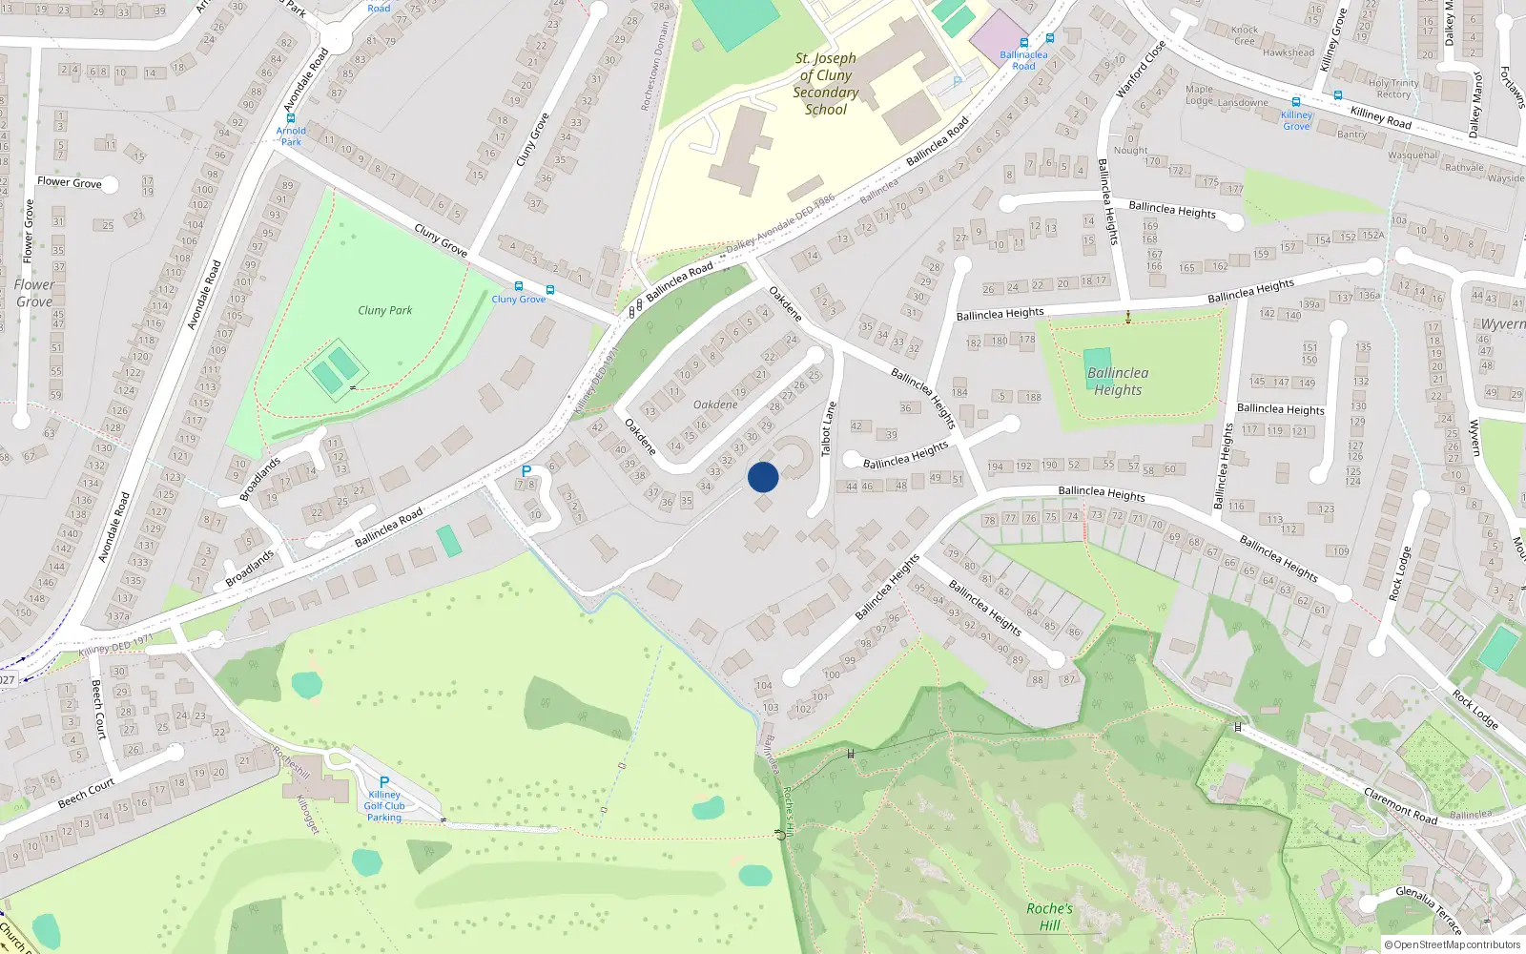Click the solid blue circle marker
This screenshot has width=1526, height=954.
pos(763,476)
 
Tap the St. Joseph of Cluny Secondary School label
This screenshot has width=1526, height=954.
pos(826,84)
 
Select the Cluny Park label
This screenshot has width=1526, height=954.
pos(385,310)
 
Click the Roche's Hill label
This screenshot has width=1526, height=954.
pos(1049,917)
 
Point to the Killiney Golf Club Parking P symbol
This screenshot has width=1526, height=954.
pos(384,782)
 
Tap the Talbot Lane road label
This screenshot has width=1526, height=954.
pos(828,427)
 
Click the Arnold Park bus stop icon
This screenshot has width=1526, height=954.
pos(291,118)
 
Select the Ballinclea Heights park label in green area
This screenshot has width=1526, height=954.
pos(1118,382)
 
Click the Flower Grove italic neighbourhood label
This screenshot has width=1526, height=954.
pos(34,293)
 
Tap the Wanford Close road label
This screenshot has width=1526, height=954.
pos(1141,69)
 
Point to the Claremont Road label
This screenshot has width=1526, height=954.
pos(1400,806)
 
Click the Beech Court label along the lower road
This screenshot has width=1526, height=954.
pos(86,793)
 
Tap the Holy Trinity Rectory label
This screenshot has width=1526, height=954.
pos(1393,89)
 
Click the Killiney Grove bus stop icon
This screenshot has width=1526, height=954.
pos(1296,102)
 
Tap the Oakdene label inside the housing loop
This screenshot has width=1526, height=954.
pos(715,404)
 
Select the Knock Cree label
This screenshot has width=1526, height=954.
pos(1245,35)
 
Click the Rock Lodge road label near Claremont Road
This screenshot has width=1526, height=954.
pos(1474,709)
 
